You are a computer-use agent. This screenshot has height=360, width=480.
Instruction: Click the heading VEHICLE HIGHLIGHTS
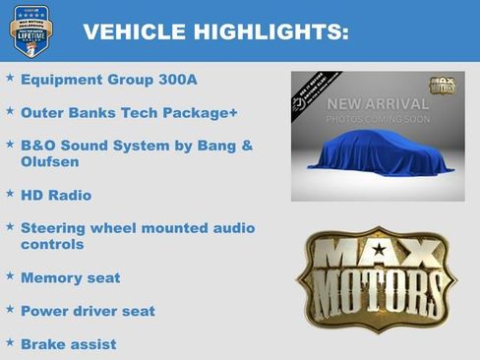point(215,32)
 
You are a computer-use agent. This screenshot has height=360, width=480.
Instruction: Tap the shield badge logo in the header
point(30,30)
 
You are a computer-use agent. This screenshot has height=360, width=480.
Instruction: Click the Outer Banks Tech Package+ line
point(129,113)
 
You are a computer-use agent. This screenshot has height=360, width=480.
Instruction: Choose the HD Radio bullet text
point(56,195)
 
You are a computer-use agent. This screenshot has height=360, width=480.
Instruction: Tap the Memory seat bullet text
point(70,278)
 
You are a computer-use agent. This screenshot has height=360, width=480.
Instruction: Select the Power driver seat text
point(88,311)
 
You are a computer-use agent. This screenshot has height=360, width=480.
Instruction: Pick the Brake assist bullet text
point(68,344)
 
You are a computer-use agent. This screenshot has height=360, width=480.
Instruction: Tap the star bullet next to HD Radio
point(10,194)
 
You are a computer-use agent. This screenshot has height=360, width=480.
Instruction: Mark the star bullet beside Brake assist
point(10,342)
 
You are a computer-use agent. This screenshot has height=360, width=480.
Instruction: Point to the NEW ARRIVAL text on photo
point(378,104)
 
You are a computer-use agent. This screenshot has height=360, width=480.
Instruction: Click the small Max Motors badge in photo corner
point(443,87)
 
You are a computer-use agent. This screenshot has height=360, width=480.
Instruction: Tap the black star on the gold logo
point(379,250)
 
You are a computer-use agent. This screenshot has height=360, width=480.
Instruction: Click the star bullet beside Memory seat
point(10,276)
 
